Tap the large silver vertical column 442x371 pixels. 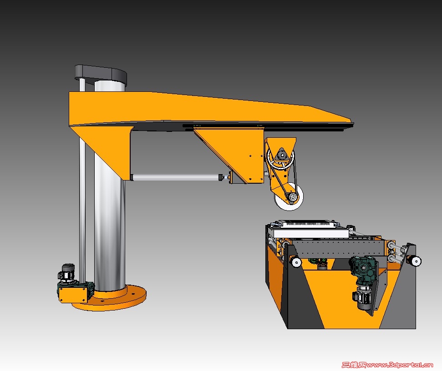pos(109,197)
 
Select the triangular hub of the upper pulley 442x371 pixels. pos(281,155)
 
